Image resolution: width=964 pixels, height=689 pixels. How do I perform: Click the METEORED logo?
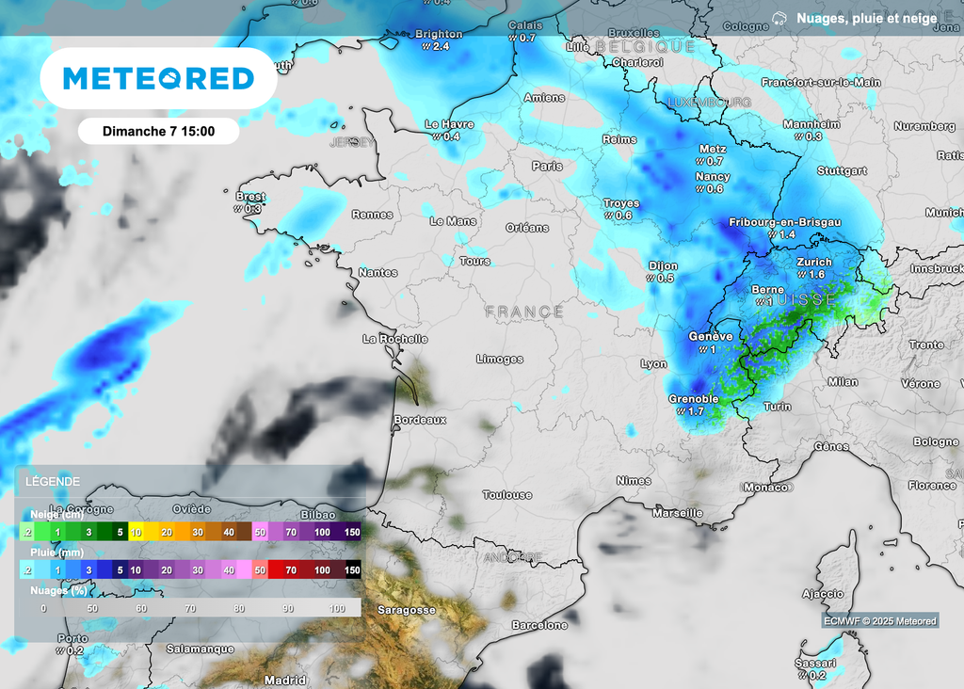(158, 79)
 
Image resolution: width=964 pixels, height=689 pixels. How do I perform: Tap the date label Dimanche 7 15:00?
(158, 132)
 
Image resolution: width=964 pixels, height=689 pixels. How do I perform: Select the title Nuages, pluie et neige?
(866, 18)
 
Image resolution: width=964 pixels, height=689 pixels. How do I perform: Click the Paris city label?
(547, 166)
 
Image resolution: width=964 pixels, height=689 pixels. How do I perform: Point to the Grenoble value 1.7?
(696, 411)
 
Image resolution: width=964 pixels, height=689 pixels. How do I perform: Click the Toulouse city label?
(506, 495)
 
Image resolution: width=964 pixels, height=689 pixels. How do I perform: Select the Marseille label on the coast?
(678, 513)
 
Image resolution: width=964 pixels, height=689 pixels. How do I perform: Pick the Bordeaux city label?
(420, 420)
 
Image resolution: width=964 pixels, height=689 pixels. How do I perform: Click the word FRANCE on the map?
(524, 312)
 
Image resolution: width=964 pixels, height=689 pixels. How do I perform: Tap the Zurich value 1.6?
(816, 274)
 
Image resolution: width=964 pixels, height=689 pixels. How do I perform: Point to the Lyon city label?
(653, 364)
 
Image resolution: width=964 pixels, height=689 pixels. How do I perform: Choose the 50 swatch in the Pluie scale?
(260, 570)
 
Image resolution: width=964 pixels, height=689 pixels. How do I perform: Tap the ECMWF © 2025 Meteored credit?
(880, 620)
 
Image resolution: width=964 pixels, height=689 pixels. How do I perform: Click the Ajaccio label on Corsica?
(822, 594)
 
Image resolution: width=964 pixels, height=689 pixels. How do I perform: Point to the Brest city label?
(251, 197)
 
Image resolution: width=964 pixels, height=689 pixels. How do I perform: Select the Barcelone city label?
(539, 625)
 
